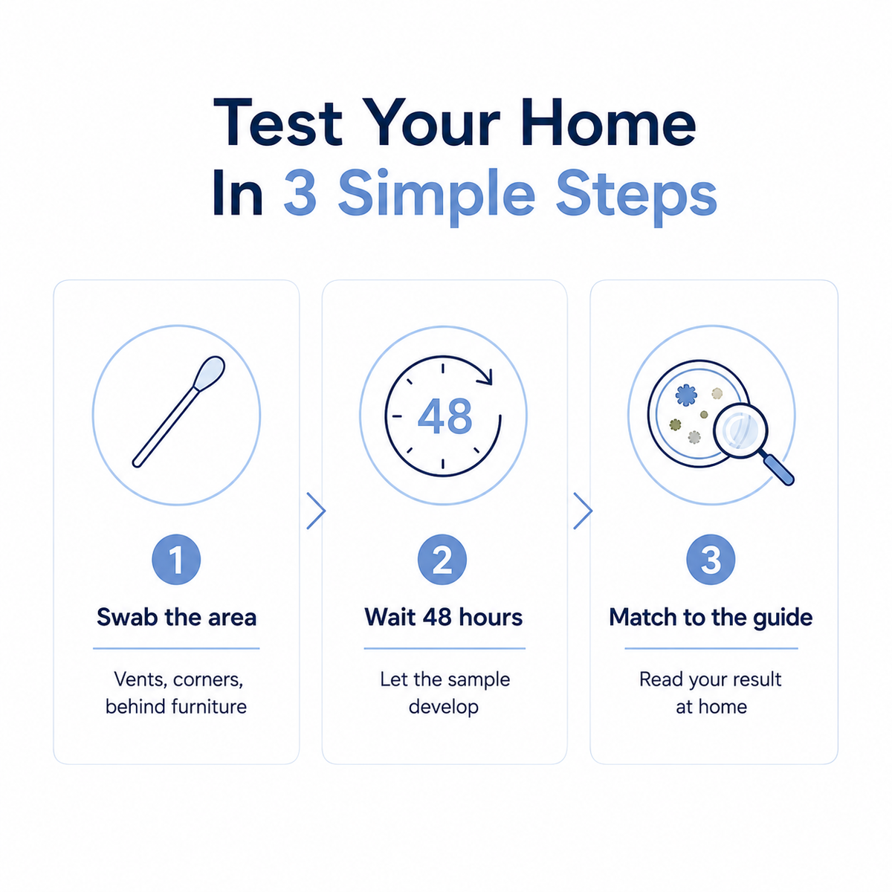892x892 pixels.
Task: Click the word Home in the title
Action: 608,123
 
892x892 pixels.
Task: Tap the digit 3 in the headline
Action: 300,192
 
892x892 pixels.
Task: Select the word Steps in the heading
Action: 636,196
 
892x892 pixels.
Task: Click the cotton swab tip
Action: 210,373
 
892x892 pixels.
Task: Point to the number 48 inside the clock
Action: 445,416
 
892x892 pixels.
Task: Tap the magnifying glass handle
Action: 778,469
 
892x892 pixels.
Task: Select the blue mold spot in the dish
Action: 686,395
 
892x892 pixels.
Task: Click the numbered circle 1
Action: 176,560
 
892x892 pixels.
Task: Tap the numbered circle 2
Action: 442,560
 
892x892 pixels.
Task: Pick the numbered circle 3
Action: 711,560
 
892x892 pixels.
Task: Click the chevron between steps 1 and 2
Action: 317,511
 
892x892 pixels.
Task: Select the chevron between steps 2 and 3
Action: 584,511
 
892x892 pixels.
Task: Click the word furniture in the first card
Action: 209,707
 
